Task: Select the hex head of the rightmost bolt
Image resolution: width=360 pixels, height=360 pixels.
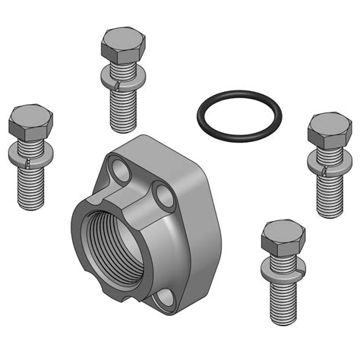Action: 328,131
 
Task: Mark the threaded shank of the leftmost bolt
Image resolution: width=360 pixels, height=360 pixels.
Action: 32,185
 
